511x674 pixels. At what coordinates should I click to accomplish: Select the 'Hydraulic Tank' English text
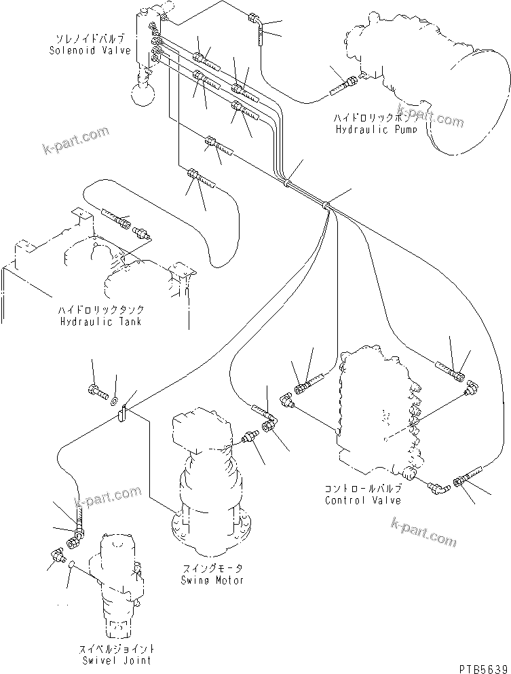click(100, 321)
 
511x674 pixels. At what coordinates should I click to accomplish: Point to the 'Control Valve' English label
click(362, 500)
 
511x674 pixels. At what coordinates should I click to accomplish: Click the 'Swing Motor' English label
click(212, 580)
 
